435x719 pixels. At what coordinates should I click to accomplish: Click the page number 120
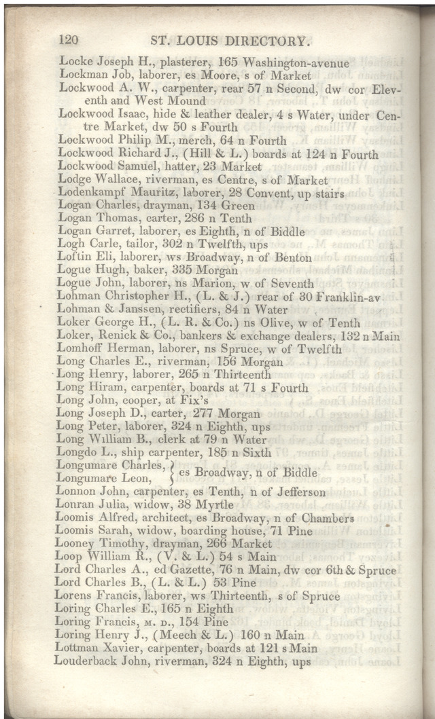(x=71, y=40)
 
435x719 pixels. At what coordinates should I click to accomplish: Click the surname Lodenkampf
(x=94, y=192)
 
